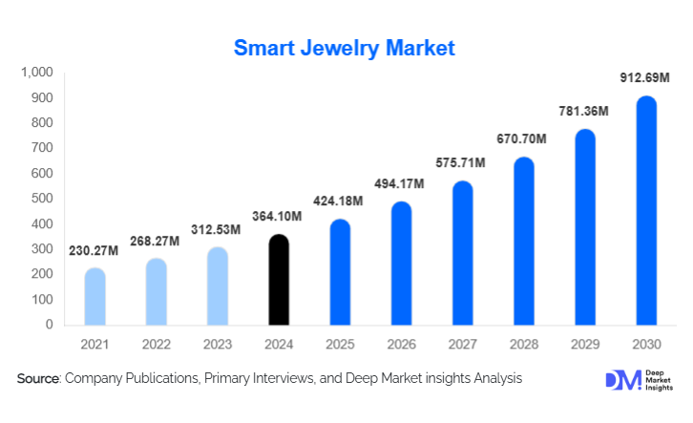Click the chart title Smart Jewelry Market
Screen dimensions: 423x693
point(346,47)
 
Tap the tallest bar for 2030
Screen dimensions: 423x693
point(646,211)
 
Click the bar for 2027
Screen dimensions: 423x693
point(463,253)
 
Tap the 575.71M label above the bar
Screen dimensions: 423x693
point(463,163)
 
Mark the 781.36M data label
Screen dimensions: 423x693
point(585,112)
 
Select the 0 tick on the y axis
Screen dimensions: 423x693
point(49,325)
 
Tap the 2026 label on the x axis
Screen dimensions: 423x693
point(402,344)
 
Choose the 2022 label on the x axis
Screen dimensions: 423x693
point(157,344)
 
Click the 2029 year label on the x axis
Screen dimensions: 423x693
point(585,344)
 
